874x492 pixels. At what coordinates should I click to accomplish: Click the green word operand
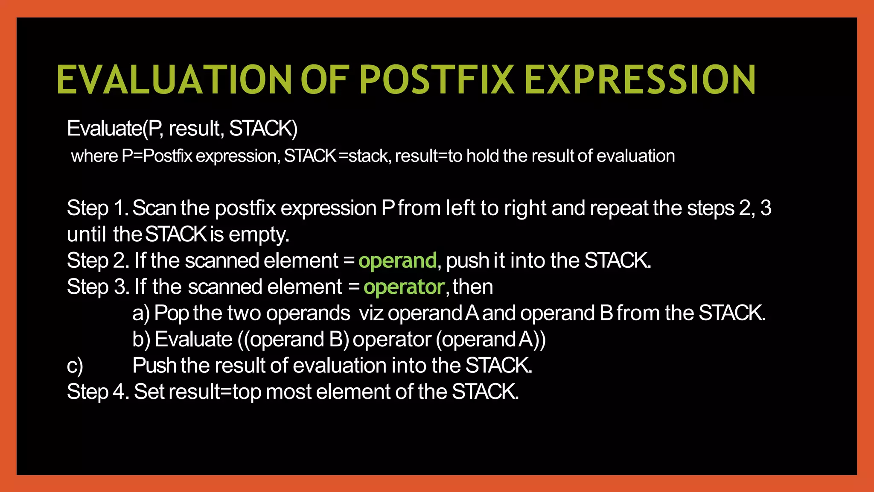tap(397, 261)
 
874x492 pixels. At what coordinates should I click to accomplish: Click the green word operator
tap(404, 287)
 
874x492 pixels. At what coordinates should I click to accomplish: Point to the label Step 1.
tap(98, 209)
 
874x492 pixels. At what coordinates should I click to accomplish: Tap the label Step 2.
tap(98, 261)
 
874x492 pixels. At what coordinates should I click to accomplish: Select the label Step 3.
tap(98, 287)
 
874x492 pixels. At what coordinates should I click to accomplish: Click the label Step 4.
tap(98, 392)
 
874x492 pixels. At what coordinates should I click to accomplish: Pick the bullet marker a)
tap(141, 313)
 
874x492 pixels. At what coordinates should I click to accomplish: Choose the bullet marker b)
tap(141, 340)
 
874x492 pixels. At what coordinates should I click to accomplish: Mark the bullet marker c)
tap(75, 366)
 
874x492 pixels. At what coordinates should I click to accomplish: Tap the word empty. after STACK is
tap(259, 234)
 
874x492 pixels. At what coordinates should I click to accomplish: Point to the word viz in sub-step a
tap(371, 313)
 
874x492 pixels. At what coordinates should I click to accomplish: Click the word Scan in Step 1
tap(154, 208)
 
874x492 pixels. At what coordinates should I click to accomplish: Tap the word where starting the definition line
tap(94, 156)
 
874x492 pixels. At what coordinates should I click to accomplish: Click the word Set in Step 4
tap(149, 392)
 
